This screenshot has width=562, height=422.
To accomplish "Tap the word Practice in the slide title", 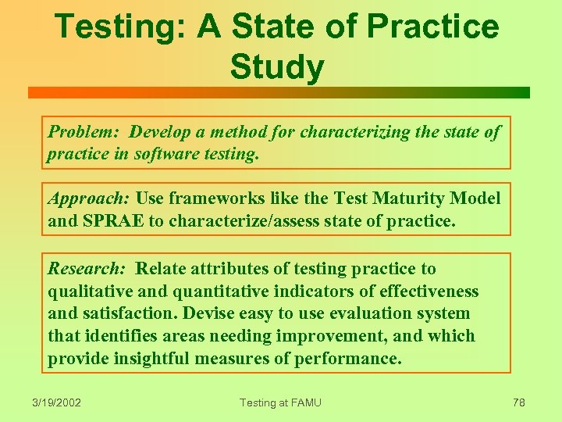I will (432, 27).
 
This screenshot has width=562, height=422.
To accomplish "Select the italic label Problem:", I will (84, 132).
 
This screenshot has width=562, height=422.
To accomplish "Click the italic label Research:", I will (87, 269).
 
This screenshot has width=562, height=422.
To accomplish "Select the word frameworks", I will (206, 198).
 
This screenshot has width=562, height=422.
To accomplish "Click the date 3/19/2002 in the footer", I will (58, 402).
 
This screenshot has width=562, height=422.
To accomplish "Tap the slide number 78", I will (519, 402).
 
